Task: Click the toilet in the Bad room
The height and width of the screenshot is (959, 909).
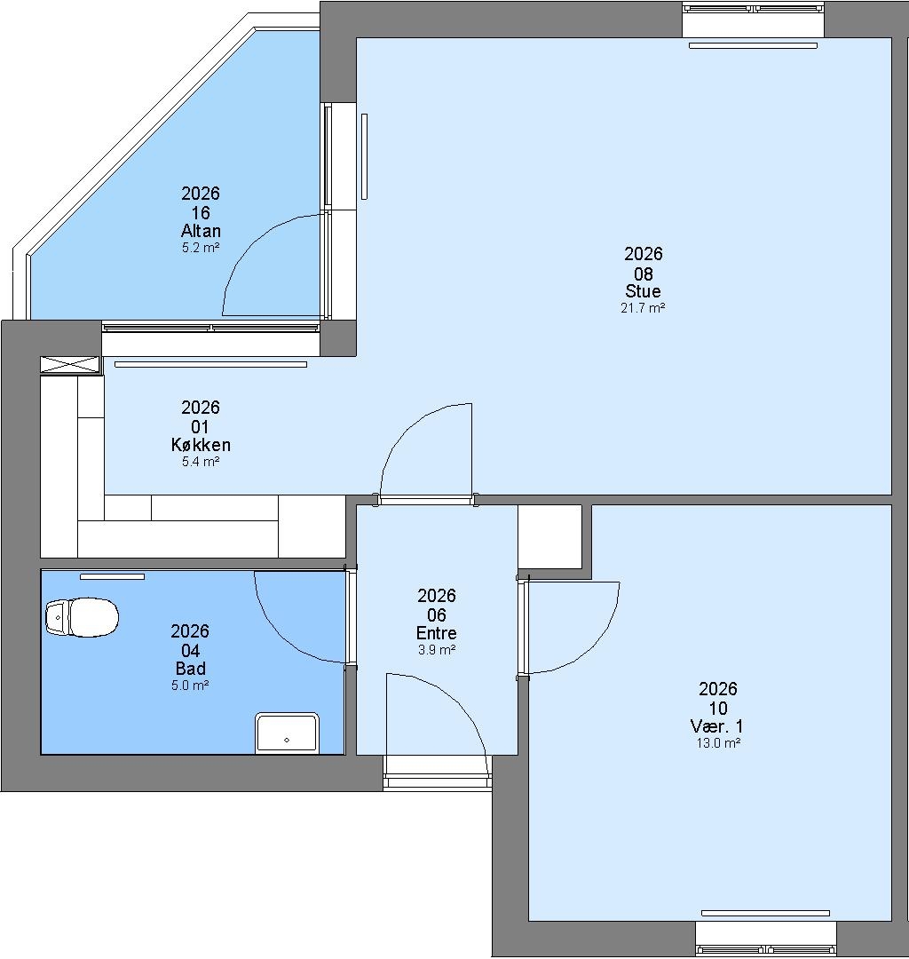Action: coord(82,617)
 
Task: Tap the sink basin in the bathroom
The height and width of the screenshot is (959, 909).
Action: coord(287,733)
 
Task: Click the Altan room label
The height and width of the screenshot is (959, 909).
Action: coord(201,231)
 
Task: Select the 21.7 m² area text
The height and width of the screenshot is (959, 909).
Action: coord(643,308)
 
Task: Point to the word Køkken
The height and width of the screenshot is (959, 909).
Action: coord(201,445)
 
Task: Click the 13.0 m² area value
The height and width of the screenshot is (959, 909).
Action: coord(718,744)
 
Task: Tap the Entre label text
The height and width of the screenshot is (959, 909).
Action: coord(437,633)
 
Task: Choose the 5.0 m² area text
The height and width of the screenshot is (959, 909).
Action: coord(190,686)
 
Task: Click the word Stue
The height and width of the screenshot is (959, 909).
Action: coord(643,290)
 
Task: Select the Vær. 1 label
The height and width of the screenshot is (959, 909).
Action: coord(717,726)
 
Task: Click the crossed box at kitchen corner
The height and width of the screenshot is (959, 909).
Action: coord(70,364)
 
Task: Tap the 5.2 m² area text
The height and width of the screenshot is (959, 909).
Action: coord(201,248)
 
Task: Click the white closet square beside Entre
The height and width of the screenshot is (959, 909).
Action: coord(549,537)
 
